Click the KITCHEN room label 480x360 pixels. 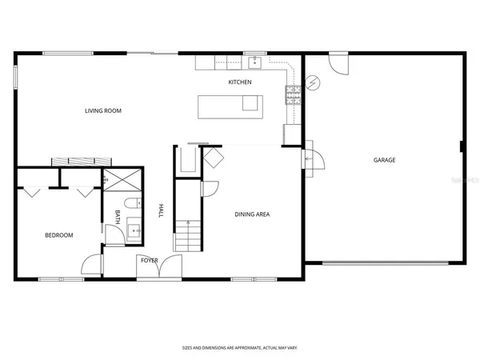click(240, 82)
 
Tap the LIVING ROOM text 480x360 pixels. click(103, 110)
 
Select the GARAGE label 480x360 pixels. click(384, 160)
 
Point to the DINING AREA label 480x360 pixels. click(252, 214)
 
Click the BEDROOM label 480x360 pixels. click(58, 235)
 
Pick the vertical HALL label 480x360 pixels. click(161, 210)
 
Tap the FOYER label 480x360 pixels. click(150, 260)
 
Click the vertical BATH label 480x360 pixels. click(118, 216)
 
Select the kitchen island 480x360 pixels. click(230, 104)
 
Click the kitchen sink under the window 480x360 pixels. click(256, 62)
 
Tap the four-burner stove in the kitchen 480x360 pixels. click(291, 97)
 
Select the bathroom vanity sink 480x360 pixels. click(134, 231)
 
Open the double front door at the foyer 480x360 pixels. click(158, 270)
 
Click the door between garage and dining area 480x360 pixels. click(309, 158)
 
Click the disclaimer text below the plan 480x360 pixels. click(239, 349)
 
